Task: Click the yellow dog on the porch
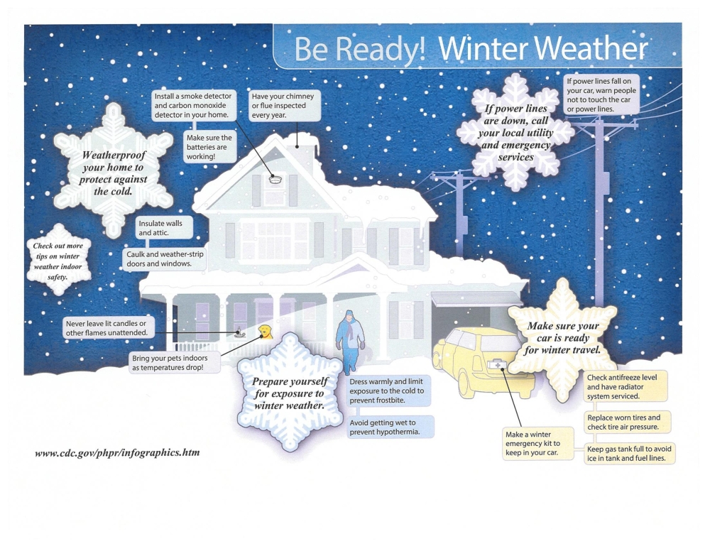click(266, 332)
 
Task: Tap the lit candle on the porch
click(239, 333)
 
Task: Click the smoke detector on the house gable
click(275, 179)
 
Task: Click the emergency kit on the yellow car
click(498, 364)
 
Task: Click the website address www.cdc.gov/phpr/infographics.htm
click(117, 452)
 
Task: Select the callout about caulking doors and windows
click(165, 259)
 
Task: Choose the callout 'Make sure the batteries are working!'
click(210, 147)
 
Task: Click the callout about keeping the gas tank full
click(629, 454)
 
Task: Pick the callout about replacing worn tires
click(627, 422)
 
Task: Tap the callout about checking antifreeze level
click(626, 387)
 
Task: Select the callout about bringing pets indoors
click(175, 363)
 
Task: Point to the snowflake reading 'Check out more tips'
click(58, 261)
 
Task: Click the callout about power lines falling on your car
click(601, 95)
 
